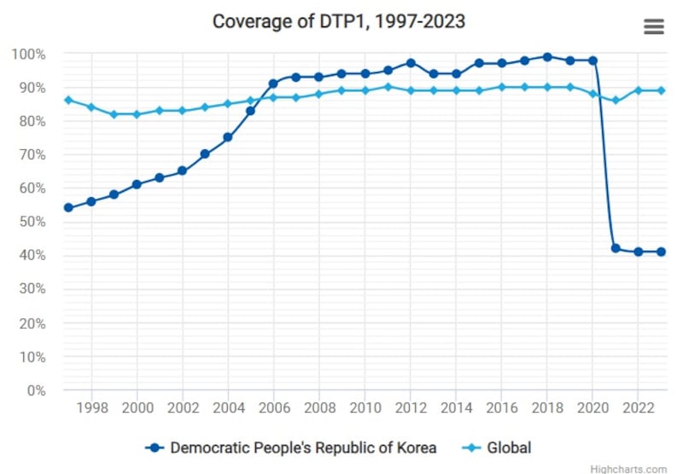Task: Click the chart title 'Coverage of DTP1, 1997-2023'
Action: (x=339, y=21)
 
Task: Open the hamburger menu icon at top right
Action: (x=653, y=26)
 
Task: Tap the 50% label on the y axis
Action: (x=31, y=222)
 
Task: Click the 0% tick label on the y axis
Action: (x=35, y=390)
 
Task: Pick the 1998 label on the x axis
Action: (x=91, y=408)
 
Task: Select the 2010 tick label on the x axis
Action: (x=365, y=408)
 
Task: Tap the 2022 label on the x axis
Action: (x=639, y=408)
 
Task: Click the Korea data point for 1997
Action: (x=68, y=208)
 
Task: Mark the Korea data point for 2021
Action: (x=616, y=248)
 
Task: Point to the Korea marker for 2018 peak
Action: (x=547, y=57)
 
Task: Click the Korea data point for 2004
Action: (x=228, y=137)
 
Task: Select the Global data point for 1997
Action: (x=68, y=100)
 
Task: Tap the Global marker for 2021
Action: (x=616, y=100)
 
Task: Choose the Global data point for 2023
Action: (x=661, y=90)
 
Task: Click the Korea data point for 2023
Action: (x=661, y=251)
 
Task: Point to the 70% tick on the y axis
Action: (x=31, y=154)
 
